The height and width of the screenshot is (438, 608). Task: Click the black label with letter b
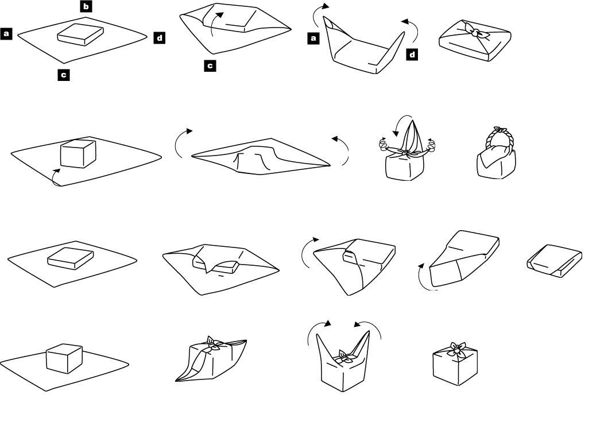coord(86,7)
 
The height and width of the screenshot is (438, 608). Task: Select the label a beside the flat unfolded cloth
coord(7,34)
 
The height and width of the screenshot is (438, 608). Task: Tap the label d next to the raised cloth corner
coord(412,55)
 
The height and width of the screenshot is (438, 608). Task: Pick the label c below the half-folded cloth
coord(210,66)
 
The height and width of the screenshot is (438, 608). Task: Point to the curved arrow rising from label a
coord(322,10)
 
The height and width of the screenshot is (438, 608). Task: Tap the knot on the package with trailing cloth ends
coord(213,344)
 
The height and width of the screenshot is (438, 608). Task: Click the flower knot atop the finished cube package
coord(456,347)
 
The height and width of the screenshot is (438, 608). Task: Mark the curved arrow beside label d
coord(408,26)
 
